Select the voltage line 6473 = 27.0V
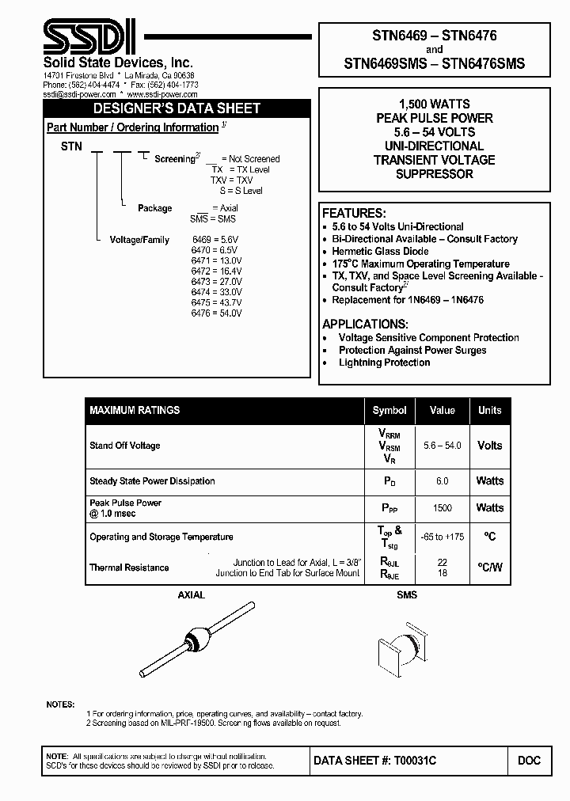[216, 281]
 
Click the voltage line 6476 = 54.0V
[216, 313]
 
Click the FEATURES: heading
[354, 214]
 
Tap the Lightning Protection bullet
[384, 363]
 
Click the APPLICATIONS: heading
[366, 325]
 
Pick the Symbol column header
[389, 410]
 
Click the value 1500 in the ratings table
[442, 508]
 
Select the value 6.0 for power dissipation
[442, 481]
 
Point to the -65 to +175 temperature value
[442, 537]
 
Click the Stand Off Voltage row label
[125, 446]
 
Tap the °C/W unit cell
[489, 568]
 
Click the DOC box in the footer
[529, 760]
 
